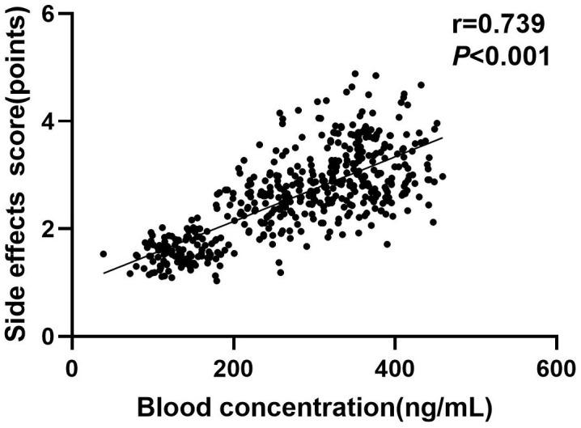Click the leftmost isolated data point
pyautogui.click(x=103, y=253)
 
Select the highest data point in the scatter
pyautogui.click(x=354, y=74)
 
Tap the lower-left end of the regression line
pyautogui.click(x=104, y=273)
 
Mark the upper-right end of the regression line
pyautogui.click(x=442, y=138)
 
